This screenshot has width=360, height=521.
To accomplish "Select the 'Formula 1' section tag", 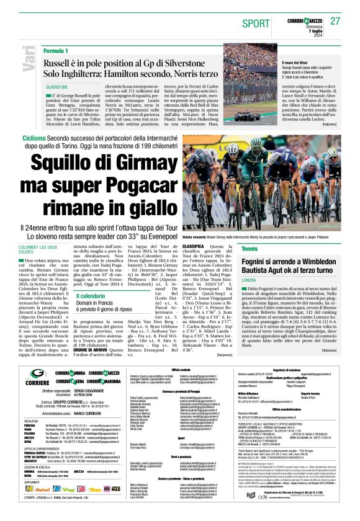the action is tap(56, 50).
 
